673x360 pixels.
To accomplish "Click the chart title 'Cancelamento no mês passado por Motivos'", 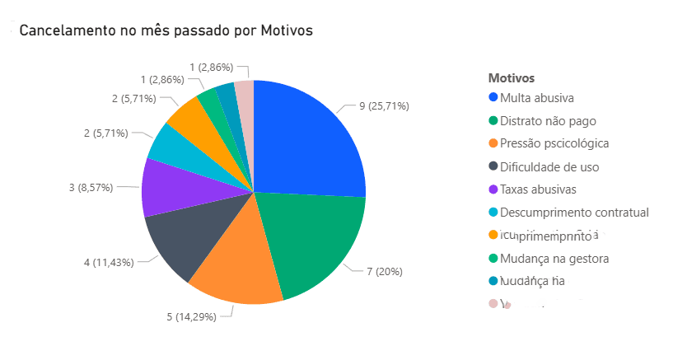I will (x=166, y=30).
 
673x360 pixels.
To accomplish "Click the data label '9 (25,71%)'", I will (x=384, y=105).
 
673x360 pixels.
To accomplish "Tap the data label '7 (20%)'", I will (x=384, y=270).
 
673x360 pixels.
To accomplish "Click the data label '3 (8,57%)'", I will (x=91, y=188).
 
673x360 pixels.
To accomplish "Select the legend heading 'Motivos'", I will (x=512, y=78).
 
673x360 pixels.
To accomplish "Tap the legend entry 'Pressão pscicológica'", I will (x=559, y=143).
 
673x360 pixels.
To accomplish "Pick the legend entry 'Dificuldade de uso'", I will (x=555, y=166).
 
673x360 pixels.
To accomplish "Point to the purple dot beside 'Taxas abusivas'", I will (x=493, y=189).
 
